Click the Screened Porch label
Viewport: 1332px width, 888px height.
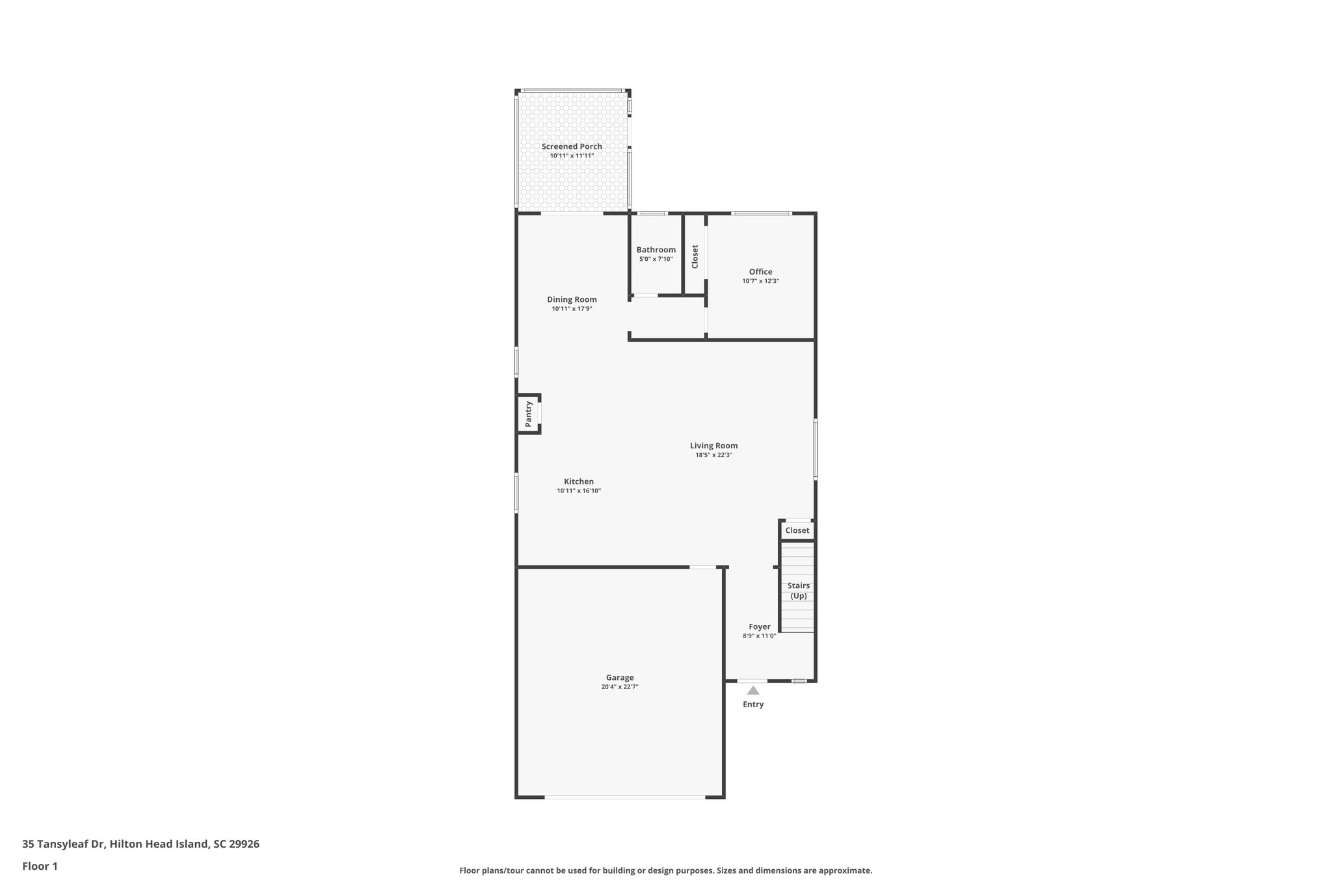point(572,146)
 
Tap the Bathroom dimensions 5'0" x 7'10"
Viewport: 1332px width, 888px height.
point(656,259)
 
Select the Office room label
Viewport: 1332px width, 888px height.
point(760,272)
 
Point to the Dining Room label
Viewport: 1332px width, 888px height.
point(572,300)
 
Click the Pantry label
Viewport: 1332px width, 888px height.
point(528,414)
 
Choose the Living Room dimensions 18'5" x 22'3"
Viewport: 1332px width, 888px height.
point(713,455)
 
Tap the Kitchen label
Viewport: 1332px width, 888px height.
point(578,482)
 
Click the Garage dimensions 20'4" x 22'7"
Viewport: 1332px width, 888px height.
point(619,687)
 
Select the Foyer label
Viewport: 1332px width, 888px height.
point(759,627)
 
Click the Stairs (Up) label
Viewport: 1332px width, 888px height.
point(798,591)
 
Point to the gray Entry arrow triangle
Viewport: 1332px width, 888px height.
point(753,691)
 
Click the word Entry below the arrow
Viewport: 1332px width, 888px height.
point(753,705)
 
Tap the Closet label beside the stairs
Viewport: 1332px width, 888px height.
point(797,531)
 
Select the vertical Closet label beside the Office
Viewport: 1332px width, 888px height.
point(695,256)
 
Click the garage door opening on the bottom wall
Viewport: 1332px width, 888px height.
point(624,797)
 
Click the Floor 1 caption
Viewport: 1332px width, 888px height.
point(40,867)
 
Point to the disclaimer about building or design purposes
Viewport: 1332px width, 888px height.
point(665,870)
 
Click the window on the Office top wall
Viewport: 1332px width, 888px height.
point(762,213)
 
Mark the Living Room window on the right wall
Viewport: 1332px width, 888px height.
point(816,450)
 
